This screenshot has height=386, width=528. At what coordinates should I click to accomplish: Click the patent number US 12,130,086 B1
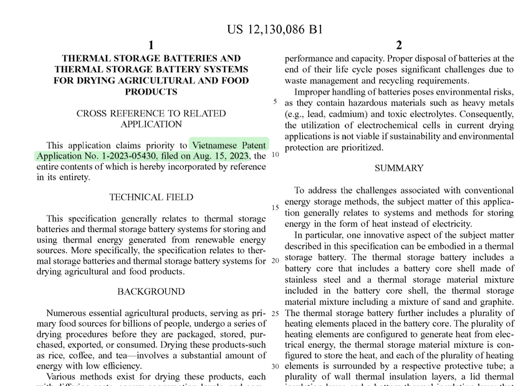coord(274,29)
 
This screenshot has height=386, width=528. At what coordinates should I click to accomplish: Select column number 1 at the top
coord(151,45)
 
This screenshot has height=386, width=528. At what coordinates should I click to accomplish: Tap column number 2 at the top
coord(399,45)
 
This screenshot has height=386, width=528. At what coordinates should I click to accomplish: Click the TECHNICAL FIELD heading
coord(151,197)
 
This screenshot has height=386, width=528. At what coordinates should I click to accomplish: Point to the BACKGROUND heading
coord(151,291)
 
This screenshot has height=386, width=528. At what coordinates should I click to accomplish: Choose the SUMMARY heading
coord(399,168)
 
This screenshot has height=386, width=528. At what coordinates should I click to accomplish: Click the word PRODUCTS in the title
coord(151,92)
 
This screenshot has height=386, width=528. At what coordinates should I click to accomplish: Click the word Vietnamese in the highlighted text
coord(216,145)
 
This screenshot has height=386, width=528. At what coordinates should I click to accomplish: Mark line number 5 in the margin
coord(275,102)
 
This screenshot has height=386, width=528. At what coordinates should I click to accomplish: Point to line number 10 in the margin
coord(275,155)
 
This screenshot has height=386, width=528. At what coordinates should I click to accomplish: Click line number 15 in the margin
coord(275,208)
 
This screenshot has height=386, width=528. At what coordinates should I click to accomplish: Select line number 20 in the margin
coord(275,261)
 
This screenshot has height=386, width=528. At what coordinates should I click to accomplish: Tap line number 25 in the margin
coord(275,313)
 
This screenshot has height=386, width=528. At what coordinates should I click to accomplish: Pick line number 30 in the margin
coord(275,366)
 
